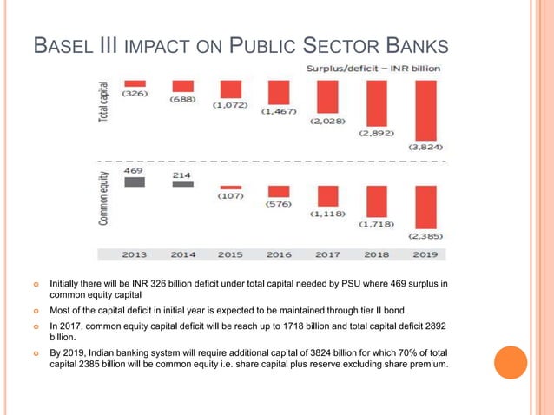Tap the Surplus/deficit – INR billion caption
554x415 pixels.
(x=373, y=68)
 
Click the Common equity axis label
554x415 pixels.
(x=104, y=198)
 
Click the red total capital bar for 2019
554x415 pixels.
(x=425, y=110)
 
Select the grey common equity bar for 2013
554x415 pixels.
(x=134, y=182)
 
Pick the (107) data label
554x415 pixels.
(x=231, y=197)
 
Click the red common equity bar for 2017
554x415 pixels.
(x=327, y=195)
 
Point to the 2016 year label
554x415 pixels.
(x=279, y=254)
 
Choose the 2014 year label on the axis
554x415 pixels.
(x=182, y=254)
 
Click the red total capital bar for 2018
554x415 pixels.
(x=377, y=104)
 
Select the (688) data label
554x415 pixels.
(x=182, y=100)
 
